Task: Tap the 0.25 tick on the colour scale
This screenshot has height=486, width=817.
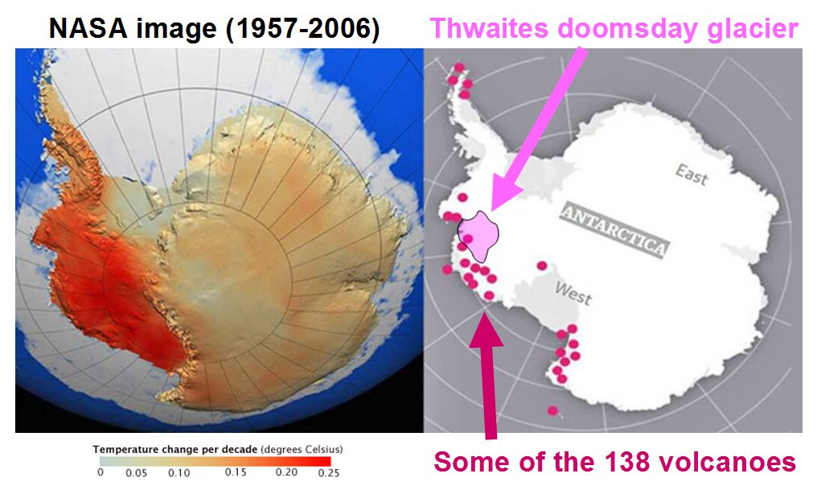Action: click(328, 472)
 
